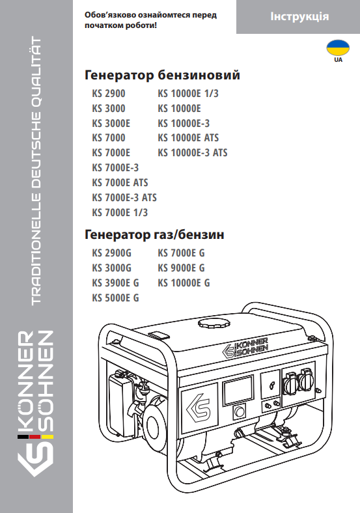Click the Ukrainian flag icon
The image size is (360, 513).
338,48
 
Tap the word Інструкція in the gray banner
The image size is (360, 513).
299,16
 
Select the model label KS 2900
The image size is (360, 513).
109,94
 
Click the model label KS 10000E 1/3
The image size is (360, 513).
188,94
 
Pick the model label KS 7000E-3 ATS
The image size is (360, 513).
124,198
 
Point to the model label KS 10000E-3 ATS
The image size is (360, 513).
193,153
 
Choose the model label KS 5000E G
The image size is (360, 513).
115,298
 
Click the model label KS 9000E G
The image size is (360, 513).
182,268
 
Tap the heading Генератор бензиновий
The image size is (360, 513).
162,75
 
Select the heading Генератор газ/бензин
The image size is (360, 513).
154,234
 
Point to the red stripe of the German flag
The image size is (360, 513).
35,437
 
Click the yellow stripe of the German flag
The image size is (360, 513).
47,437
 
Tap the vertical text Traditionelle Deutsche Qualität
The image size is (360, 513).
36,171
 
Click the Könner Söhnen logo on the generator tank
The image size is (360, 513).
245,348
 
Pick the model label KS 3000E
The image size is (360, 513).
111,123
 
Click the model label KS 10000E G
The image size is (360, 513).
184,283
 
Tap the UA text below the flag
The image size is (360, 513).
339,60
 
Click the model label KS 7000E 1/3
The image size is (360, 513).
120,213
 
